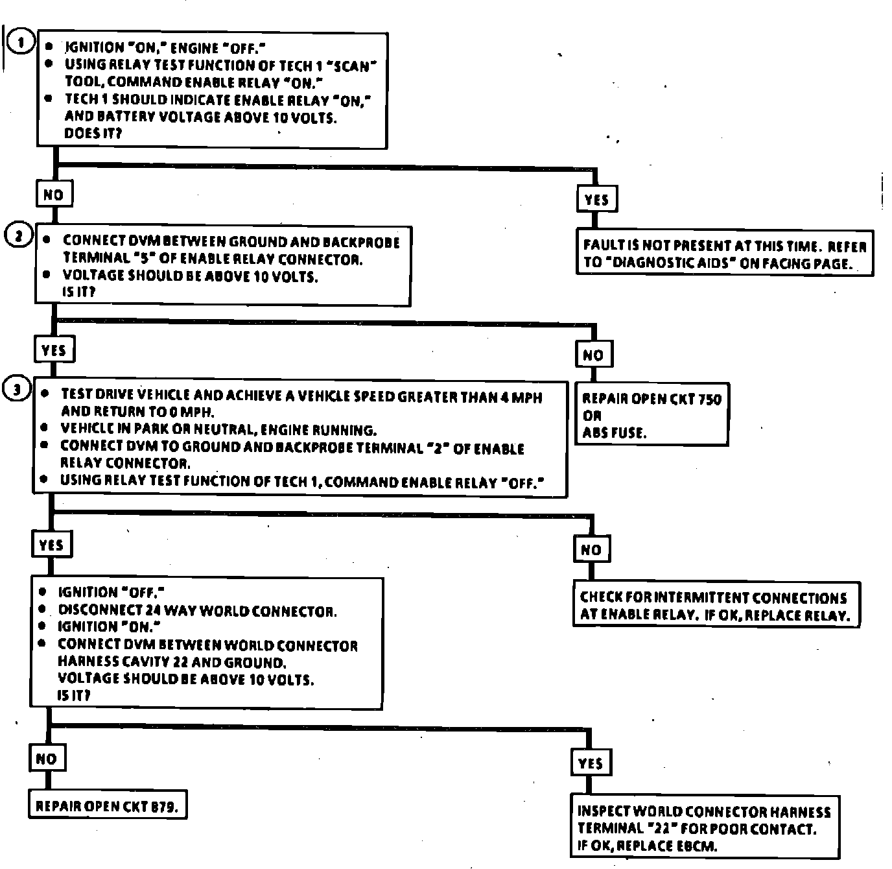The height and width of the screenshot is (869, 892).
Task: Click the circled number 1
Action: pyautogui.click(x=21, y=43)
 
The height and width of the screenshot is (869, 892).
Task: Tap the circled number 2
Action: pyautogui.click(x=18, y=237)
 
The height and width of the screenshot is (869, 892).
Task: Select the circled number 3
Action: pyautogui.click(x=18, y=390)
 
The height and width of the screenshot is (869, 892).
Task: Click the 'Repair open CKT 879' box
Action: pyautogui.click(x=108, y=806)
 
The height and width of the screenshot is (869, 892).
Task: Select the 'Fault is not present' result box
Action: pyautogui.click(x=724, y=254)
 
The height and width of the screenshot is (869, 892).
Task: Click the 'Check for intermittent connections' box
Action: pyautogui.click(x=716, y=606)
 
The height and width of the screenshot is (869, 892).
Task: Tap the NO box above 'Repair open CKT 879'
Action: pyautogui.click(x=46, y=759)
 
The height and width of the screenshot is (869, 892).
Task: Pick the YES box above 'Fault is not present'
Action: pyautogui.click(x=596, y=199)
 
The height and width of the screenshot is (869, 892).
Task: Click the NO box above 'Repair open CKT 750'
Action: pyautogui.click(x=593, y=355)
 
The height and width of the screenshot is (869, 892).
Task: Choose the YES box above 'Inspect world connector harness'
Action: pyautogui.click(x=590, y=763)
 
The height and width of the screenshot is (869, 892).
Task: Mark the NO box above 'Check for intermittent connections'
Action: pyautogui.click(x=591, y=550)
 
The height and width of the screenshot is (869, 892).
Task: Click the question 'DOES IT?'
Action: pyautogui.click(x=93, y=134)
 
